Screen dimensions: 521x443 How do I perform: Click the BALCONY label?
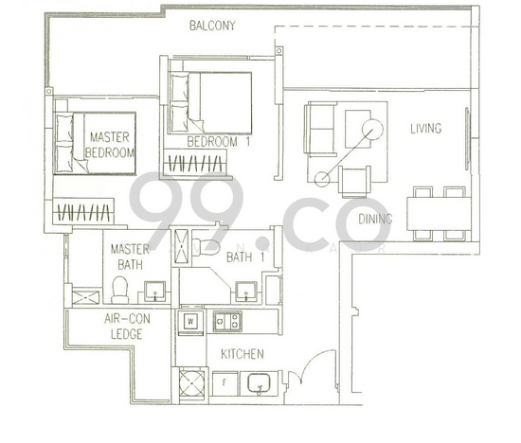(212, 26)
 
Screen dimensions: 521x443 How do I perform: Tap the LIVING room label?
(426, 129)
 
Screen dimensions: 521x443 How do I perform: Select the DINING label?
(375, 219)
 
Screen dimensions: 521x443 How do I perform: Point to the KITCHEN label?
(243, 354)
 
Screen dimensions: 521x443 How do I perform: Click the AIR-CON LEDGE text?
(127, 327)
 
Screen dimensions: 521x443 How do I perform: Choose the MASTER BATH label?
(130, 257)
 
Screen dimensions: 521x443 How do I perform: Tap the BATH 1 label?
(245, 257)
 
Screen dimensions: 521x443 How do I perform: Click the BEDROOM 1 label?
(218, 142)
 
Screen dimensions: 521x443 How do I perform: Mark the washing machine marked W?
(190, 321)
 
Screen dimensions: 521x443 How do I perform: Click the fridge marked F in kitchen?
(225, 383)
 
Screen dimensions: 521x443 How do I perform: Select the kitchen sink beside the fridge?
(260, 384)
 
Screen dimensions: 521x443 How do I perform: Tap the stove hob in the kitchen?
(227, 321)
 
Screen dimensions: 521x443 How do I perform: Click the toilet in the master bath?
(120, 290)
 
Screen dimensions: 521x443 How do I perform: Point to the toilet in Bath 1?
(206, 246)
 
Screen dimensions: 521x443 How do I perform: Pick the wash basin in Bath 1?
(246, 292)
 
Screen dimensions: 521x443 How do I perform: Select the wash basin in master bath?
(154, 292)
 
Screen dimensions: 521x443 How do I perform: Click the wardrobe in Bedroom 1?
(195, 162)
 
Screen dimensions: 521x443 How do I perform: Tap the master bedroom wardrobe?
(83, 211)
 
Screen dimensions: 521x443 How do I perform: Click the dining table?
(440, 214)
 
